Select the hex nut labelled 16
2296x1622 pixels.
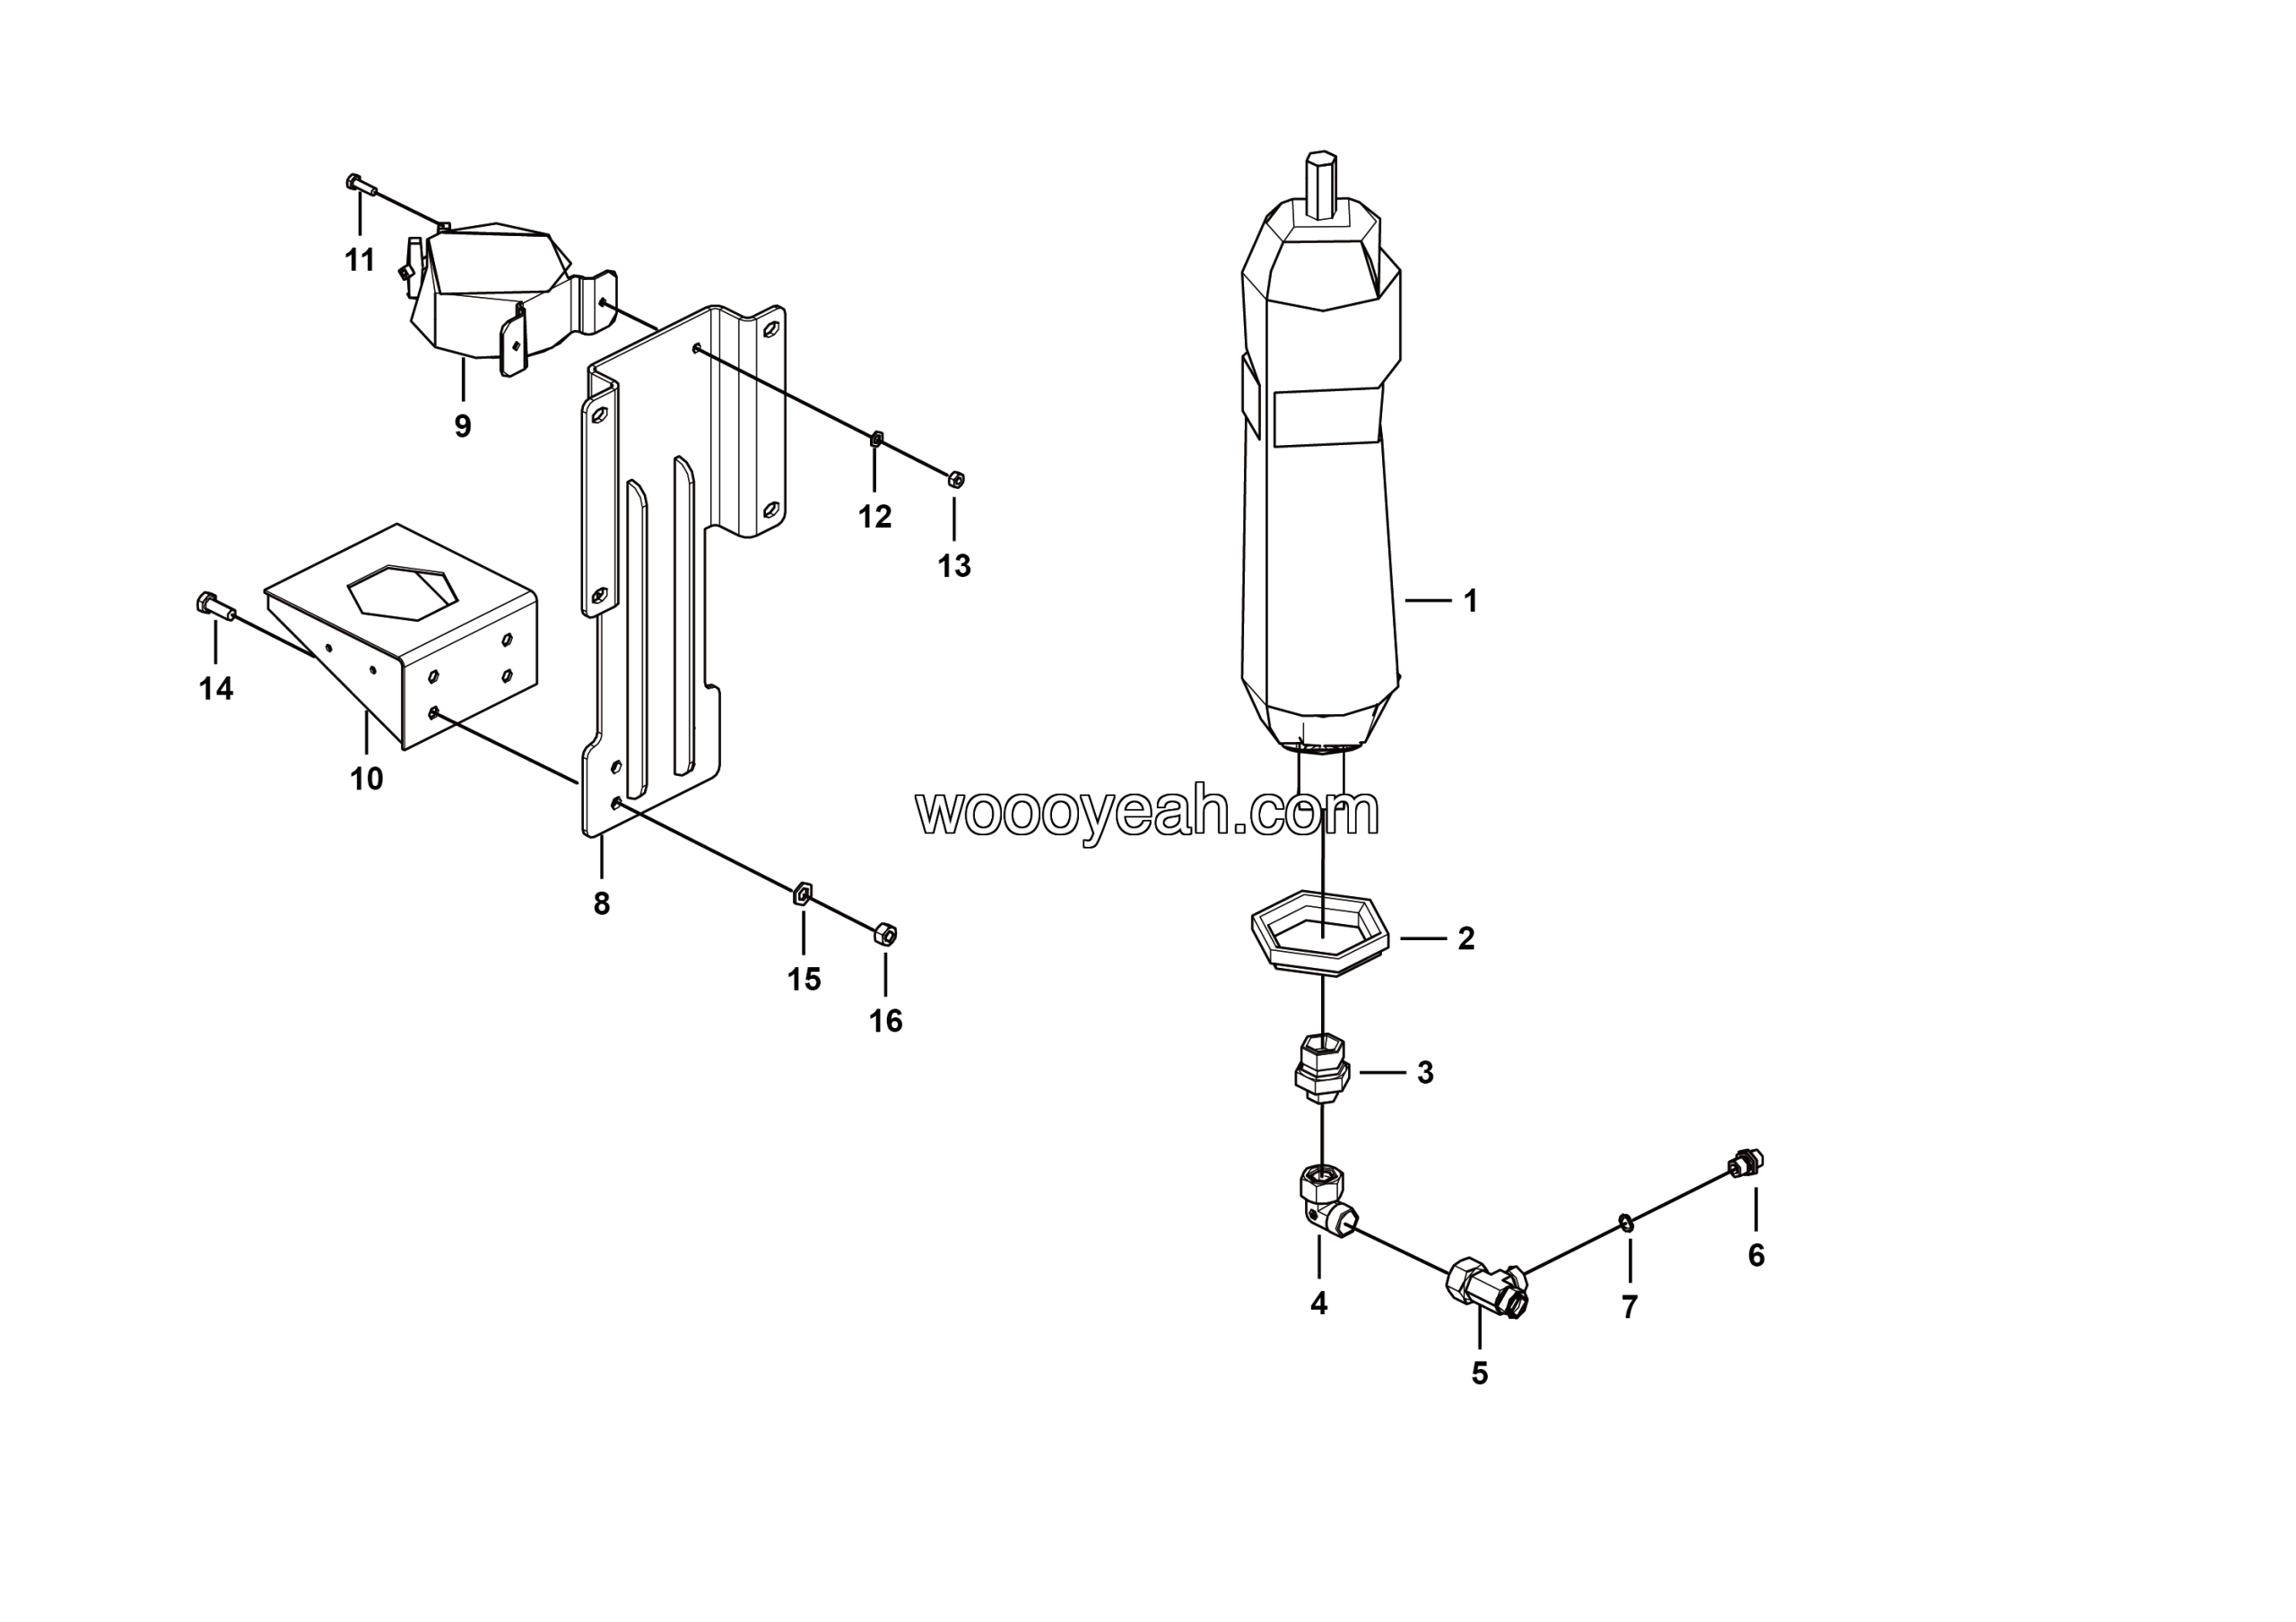click(885, 934)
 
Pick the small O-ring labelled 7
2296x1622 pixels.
click(1627, 1222)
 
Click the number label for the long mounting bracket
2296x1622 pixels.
click(601, 904)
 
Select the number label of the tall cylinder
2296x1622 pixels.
click(1470, 601)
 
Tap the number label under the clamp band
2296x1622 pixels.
click(462, 427)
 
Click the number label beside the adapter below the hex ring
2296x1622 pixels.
click(1425, 1072)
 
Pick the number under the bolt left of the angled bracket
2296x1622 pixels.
click(216, 689)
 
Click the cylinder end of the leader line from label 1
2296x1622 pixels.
click(1405, 600)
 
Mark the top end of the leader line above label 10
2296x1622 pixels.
click(366, 712)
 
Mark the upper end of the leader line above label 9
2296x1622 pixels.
click(462, 360)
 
